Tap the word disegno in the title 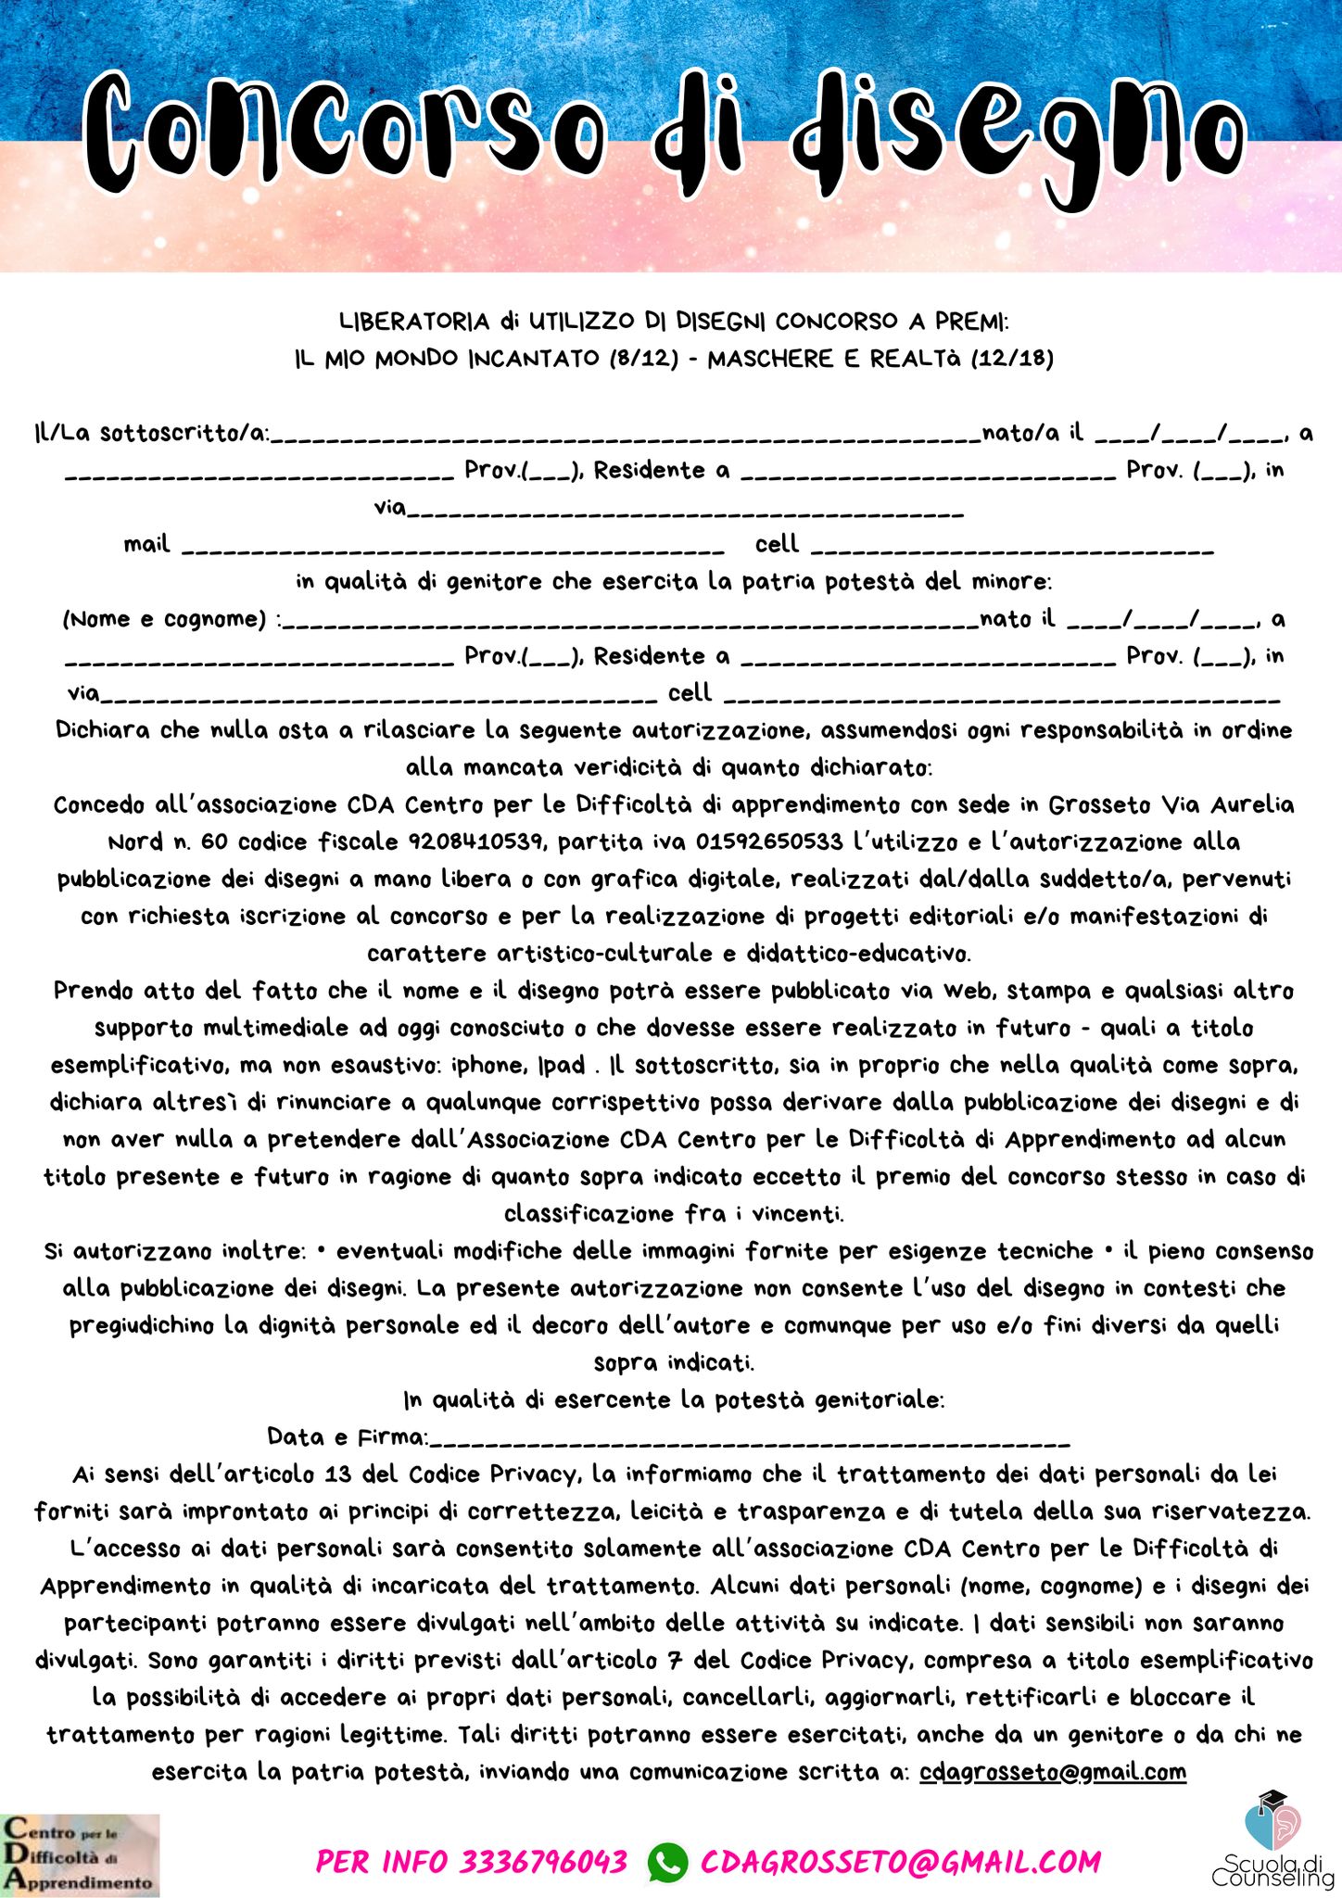click(1019, 134)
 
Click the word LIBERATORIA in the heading click(413, 322)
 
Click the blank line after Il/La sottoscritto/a click(626, 436)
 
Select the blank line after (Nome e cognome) click(630, 622)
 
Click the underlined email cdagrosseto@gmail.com click(1053, 1772)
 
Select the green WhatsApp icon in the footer click(667, 1861)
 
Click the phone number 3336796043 click(544, 1861)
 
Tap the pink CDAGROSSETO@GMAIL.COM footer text click(901, 1861)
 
